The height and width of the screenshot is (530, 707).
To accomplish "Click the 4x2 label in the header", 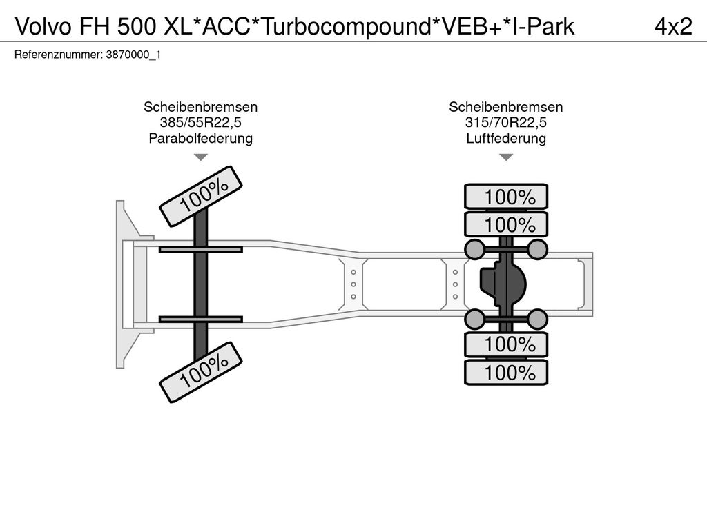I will point(672,26).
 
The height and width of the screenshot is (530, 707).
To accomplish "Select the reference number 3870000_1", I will point(133,55).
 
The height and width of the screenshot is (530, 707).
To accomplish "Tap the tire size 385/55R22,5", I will point(200,123).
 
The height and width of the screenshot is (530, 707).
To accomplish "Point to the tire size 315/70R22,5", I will point(506,123).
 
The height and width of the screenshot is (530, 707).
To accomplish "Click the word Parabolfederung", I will point(200,139).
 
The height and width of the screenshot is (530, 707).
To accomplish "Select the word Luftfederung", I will point(506,139).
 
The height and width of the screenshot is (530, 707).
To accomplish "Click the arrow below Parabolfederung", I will point(200,157).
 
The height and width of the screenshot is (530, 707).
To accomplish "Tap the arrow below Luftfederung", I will point(506,157).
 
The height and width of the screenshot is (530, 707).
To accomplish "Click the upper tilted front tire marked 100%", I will point(200,195).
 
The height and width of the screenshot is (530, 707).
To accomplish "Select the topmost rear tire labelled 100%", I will point(506,197).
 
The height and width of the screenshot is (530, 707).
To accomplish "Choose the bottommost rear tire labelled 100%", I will point(506,373).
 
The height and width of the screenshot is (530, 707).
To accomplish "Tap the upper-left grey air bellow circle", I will point(474,248).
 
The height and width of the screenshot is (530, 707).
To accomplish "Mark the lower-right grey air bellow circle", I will point(537,319).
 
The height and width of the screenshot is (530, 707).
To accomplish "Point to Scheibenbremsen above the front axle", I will point(200,107).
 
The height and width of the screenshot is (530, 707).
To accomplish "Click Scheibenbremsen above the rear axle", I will point(506,107).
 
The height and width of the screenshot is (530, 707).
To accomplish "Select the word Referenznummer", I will point(58,55).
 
